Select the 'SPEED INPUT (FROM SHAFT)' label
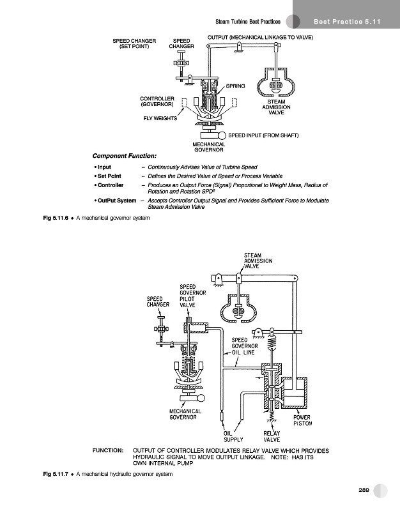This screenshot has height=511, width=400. (x=264, y=135)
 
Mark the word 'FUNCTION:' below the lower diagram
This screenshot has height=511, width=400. (x=108, y=450)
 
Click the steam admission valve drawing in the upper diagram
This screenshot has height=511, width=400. (x=276, y=84)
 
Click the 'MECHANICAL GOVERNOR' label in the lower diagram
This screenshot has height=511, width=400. (x=185, y=414)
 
